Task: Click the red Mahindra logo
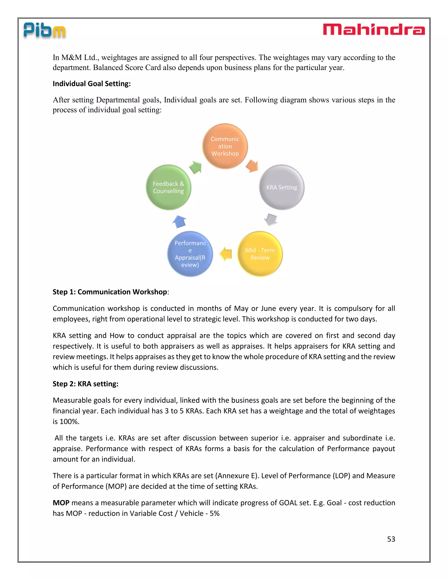(x=374, y=30)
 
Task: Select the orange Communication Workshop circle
(x=225, y=146)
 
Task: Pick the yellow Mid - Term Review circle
(x=260, y=254)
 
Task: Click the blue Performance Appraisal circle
(x=190, y=254)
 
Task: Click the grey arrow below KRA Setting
(x=271, y=219)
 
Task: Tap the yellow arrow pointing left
(x=226, y=254)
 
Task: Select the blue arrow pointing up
(x=179, y=221)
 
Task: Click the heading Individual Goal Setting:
(x=92, y=84)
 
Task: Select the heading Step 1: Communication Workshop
(x=110, y=292)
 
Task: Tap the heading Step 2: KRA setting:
(x=86, y=384)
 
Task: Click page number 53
(x=391, y=539)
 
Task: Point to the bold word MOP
(x=61, y=503)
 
